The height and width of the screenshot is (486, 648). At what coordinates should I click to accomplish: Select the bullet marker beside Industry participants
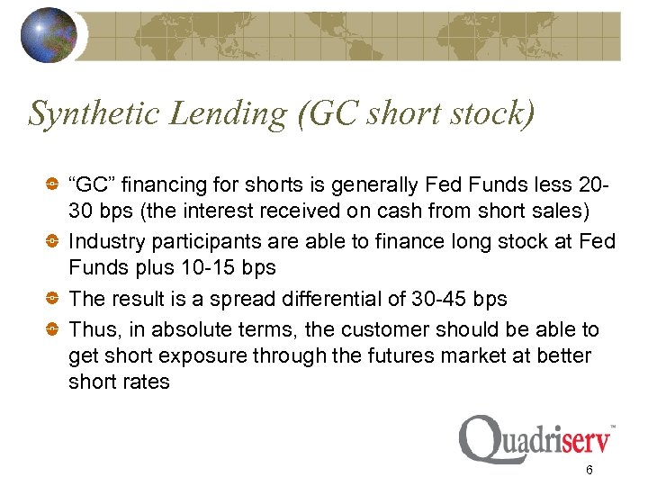tap(53, 242)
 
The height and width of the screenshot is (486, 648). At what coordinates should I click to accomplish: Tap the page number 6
tap(588, 471)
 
